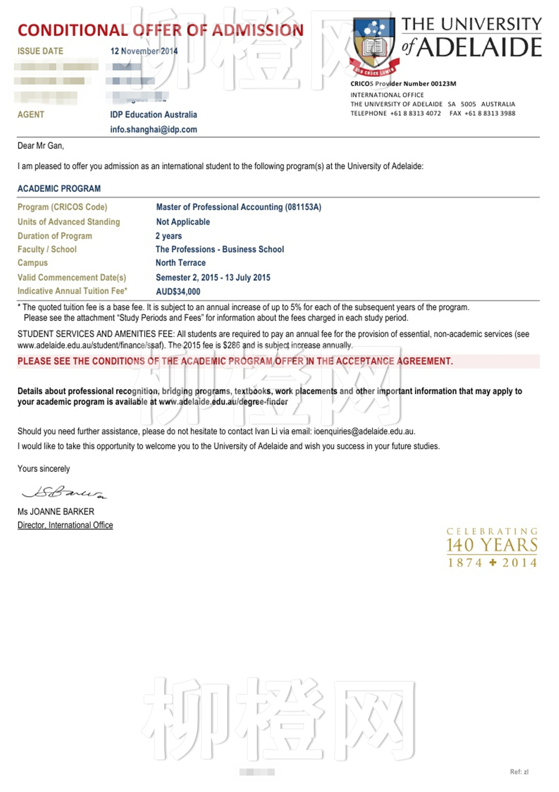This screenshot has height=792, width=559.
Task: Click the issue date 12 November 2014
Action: tap(144, 51)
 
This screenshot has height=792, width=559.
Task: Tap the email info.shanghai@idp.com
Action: tap(153, 129)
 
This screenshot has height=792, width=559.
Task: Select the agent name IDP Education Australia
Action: tap(153, 115)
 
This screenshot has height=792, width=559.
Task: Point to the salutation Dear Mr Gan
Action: tap(40, 146)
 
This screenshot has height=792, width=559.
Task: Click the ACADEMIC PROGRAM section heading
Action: tap(59, 189)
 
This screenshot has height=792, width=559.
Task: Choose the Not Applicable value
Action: tap(182, 222)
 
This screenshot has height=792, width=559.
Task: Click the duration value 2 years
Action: tap(168, 236)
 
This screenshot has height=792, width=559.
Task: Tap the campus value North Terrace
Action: tap(180, 263)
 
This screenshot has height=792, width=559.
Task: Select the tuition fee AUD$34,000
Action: tap(178, 292)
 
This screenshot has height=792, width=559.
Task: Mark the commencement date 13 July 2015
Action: tap(248, 278)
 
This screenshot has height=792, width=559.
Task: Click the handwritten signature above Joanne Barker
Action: tap(64, 492)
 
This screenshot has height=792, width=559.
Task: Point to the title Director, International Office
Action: tap(65, 525)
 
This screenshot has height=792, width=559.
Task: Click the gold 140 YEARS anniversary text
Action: tap(492, 545)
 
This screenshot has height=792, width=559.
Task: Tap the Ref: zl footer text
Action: tap(519, 772)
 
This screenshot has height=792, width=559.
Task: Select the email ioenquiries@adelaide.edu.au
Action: tap(364, 432)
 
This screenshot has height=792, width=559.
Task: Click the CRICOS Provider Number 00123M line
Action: tap(403, 84)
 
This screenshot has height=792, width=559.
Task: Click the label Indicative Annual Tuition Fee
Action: tap(72, 291)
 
